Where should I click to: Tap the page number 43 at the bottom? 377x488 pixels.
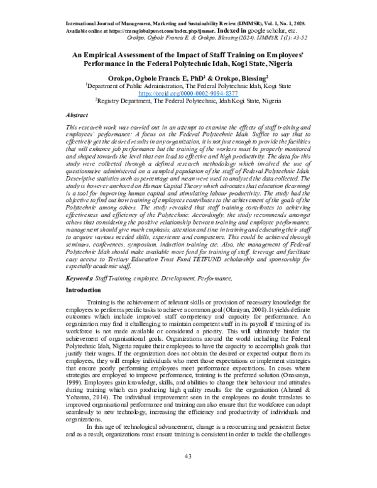click(x=188, y=473)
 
